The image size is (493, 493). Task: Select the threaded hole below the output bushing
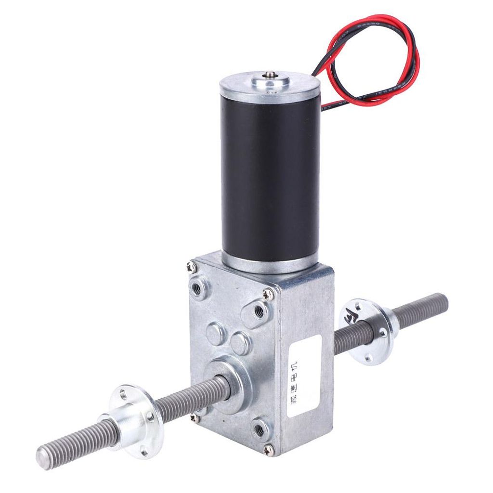[x=259, y=428]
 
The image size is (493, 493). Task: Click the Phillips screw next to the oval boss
[x=268, y=294]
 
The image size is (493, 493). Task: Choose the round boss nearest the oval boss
[x=215, y=333]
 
